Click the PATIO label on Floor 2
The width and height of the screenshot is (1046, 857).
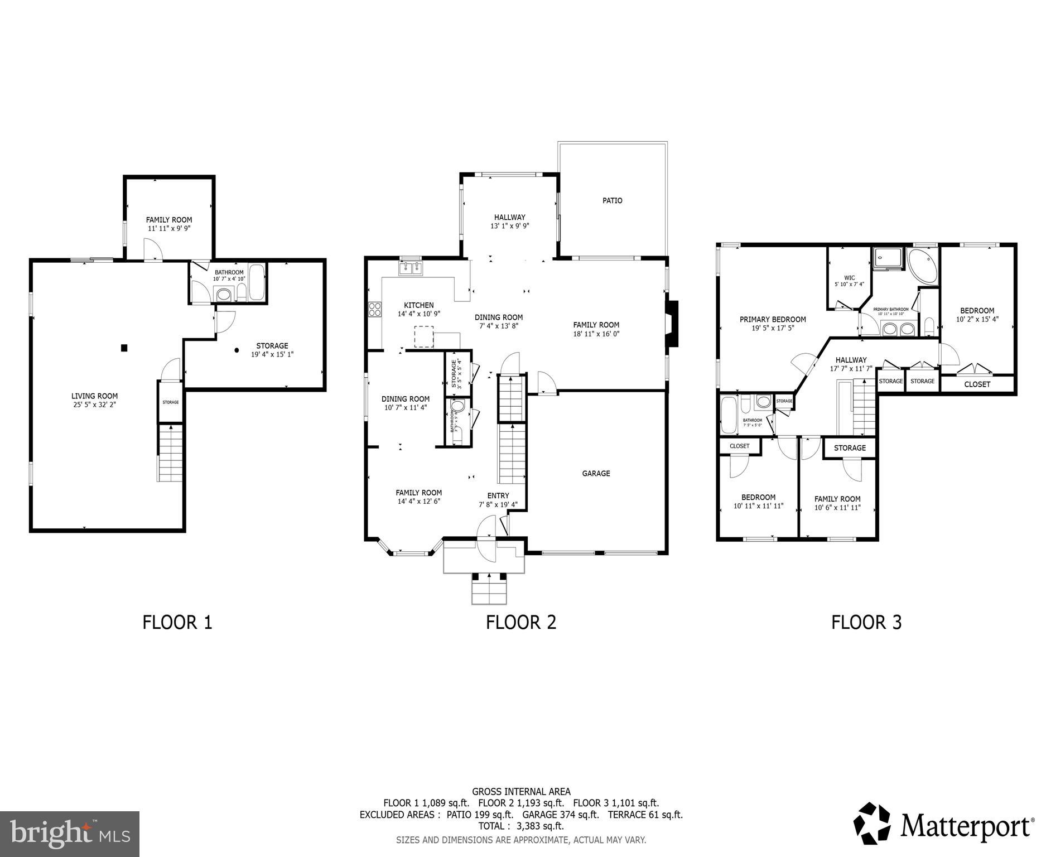point(612,200)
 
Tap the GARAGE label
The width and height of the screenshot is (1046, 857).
point(596,473)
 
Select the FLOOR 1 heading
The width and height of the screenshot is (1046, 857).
point(177,622)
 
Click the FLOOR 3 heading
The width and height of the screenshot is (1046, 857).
point(866,622)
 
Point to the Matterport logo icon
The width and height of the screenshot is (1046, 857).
point(874,824)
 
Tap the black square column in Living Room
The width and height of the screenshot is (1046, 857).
point(124,348)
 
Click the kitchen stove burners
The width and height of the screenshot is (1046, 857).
point(375,309)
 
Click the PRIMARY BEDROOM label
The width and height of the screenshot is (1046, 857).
point(773,319)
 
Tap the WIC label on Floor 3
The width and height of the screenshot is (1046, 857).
point(849,277)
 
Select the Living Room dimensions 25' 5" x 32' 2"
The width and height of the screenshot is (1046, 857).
point(94,405)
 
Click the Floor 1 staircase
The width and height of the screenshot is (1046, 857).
point(170,452)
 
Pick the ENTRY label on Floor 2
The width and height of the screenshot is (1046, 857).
point(498,495)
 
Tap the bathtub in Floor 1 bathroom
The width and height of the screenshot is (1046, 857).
point(257,281)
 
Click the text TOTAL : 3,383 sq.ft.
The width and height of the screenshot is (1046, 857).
point(521,826)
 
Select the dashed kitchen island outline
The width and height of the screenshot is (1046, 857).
point(424,337)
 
